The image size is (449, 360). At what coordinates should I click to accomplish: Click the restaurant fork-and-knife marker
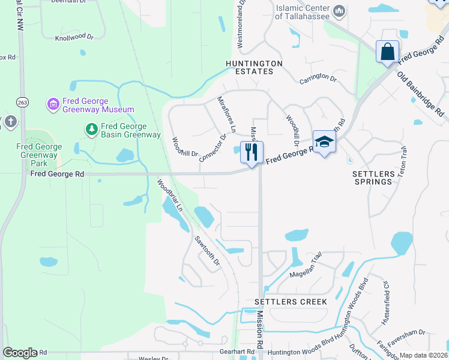click(x=252, y=152)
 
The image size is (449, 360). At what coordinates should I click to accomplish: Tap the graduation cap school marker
click(x=324, y=142)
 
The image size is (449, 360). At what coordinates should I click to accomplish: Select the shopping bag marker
click(x=387, y=52)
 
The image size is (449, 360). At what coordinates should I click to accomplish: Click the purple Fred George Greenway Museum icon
click(x=53, y=105)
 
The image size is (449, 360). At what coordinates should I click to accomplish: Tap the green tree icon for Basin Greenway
click(x=91, y=129)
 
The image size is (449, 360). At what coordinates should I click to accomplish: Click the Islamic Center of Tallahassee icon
click(x=339, y=11)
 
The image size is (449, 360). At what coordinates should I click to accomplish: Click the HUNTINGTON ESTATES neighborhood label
click(x=249, y=67)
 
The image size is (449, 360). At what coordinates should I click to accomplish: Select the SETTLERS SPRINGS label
click(x=374, y=178)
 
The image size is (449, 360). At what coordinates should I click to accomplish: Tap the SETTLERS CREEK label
click(x=291, y=301)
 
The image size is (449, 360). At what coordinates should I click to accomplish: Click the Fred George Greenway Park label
click(x=39, y=155)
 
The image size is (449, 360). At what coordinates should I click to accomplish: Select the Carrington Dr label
click(x=318, y=78)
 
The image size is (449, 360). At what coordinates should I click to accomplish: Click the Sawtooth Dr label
click(x=208, y=251)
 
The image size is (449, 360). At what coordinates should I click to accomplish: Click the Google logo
click(x=19, y=352)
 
